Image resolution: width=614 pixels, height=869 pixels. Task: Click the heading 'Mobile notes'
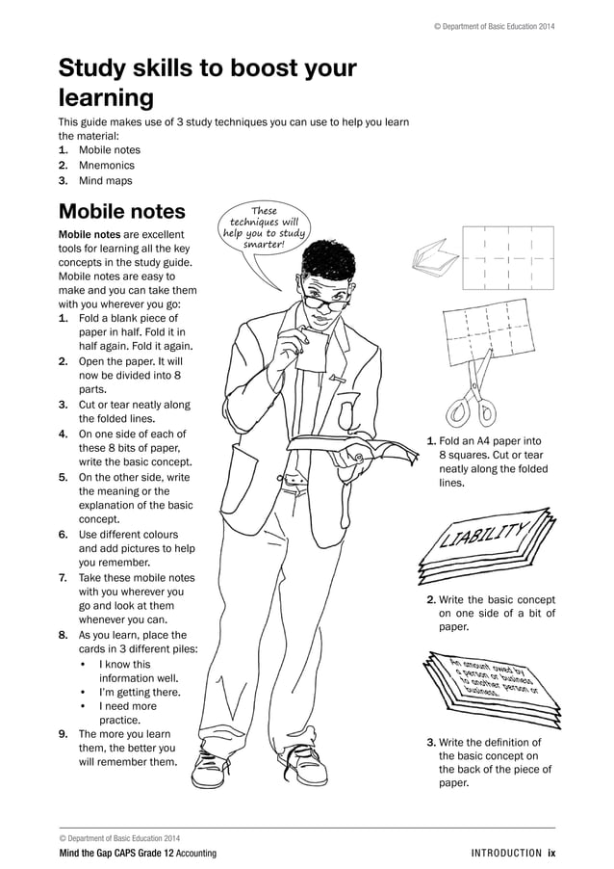[121, 211]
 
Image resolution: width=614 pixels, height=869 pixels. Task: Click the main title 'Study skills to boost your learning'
[207, 83]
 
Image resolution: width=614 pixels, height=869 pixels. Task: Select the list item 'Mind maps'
[105, 180]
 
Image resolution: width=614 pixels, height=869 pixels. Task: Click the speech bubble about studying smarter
[263, 229]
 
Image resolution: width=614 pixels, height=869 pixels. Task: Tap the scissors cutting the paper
[473, 405]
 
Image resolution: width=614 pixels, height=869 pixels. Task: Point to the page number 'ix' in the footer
[551, 854]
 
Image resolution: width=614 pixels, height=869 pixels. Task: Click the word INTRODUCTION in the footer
[506, 854]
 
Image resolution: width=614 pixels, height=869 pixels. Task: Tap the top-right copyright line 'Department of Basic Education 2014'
[494, 25]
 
